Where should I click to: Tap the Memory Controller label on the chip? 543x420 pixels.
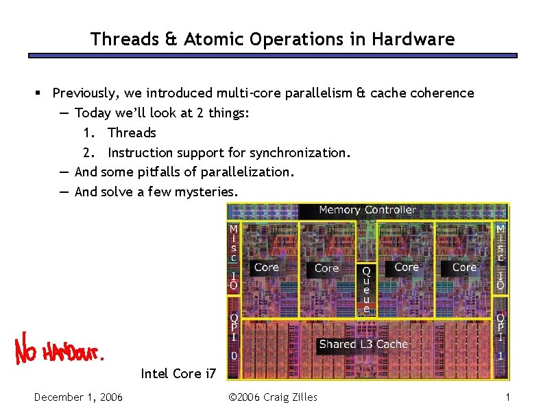367,210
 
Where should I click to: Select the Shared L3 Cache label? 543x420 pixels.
363,344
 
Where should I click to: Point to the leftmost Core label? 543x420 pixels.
266,268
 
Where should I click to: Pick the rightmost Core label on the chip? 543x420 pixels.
464,268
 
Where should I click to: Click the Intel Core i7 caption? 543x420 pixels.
178,373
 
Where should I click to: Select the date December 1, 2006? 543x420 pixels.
78,397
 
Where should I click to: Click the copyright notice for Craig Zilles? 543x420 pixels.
272,397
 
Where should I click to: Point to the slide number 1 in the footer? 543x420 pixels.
507,397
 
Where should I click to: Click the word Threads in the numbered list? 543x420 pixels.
132,132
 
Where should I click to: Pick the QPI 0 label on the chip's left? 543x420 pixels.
234,336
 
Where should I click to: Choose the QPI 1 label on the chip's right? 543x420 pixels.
500,336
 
